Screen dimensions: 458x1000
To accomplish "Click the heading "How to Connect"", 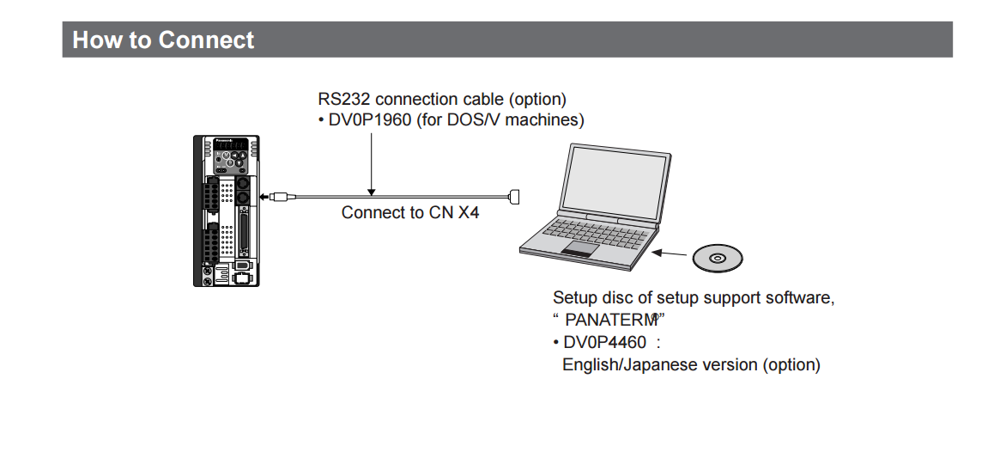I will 163,40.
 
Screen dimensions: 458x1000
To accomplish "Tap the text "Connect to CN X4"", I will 410,212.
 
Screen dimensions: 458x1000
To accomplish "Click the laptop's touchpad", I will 581,249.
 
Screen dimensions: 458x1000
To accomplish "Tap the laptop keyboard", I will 601,230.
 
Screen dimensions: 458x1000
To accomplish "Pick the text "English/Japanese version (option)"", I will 691,365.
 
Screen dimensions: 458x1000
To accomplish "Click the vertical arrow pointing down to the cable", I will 371,163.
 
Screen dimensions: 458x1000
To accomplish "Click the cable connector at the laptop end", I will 515,197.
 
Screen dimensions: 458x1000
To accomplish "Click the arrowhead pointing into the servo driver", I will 264,197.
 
